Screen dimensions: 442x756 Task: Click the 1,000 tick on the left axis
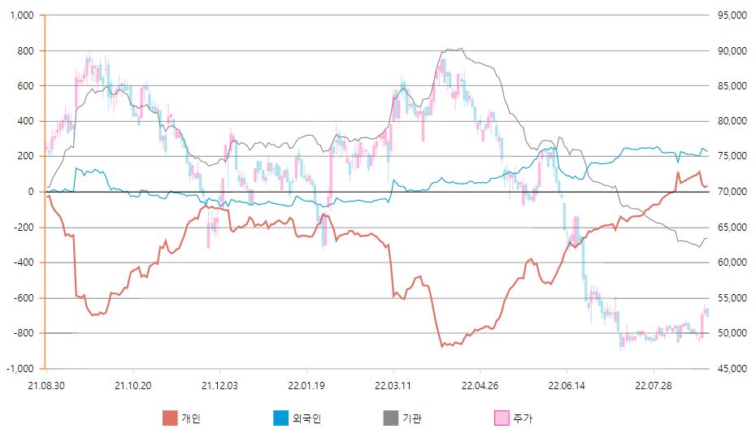(22, 15)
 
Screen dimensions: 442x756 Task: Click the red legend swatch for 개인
(169, 418)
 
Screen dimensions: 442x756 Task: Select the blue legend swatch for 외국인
(280, 418)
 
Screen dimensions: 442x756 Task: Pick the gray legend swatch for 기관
(391, 418)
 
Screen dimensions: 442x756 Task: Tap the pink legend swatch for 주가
(502, 418)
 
